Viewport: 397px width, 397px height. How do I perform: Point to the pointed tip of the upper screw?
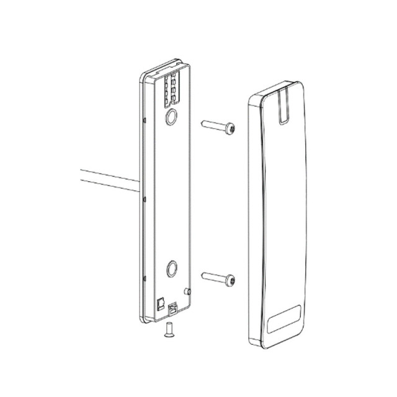pyautogui.click(x=203, y=123)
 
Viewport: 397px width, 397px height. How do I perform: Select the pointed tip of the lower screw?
pyautogui.click(x=203, y=275)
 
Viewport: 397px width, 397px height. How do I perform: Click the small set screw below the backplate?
pyautogui.click(x=167, y=334)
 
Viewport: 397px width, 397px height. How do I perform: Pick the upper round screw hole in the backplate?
pyautogui.click(x=171, y=116)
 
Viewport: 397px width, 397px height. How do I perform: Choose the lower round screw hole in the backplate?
pyautogui.click(x=171, y=268)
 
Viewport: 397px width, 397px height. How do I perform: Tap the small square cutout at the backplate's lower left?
pyautogui.click(x=160, y=303)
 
